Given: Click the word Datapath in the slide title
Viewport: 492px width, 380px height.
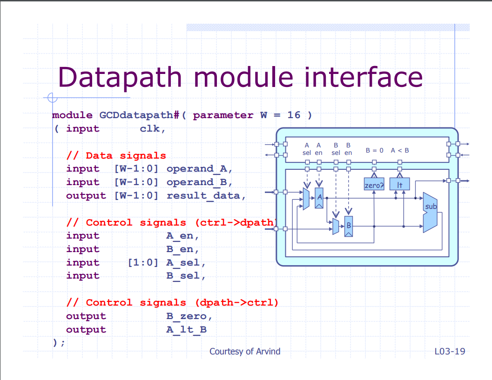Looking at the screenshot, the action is [120, 78].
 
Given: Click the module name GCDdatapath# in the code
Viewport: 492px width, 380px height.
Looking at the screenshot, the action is [139, 115].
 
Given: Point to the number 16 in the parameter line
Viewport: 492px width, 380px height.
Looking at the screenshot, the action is [294, 115].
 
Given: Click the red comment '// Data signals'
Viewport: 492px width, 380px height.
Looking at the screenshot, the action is [116, 155].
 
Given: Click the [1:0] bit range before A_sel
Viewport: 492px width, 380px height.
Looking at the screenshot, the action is [143, 262].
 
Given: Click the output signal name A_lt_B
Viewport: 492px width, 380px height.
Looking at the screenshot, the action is [186, 329].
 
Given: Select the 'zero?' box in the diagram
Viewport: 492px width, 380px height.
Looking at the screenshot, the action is [374, 184].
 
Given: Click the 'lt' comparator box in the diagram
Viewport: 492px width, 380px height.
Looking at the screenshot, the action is [399, 184].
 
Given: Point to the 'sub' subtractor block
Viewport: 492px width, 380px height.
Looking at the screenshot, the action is [430, 212].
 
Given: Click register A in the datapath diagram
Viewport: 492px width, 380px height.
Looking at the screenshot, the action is [319, 198].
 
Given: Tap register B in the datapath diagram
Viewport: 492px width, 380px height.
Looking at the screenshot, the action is [349, 226].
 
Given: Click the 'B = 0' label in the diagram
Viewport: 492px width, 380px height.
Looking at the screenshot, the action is [374, 151].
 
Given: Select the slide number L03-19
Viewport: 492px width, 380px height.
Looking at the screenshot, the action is [450, 352].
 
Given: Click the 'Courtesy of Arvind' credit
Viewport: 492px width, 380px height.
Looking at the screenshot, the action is [245, 352].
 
